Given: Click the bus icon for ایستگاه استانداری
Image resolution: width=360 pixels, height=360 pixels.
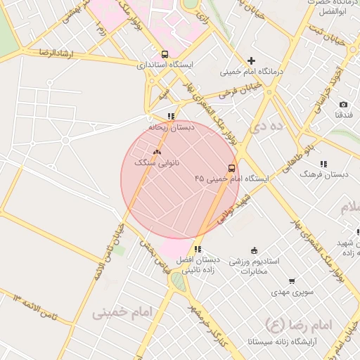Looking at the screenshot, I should click(165, 54).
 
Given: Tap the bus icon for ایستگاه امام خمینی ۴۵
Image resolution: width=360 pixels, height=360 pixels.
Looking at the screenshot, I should click(231, 168).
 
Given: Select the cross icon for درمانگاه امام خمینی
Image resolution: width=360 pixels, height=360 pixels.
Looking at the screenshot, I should click(251, 61).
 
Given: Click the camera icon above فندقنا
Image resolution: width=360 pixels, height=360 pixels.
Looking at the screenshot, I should click(343, 104).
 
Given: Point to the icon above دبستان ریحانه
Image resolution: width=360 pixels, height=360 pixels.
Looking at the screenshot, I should click(171, 117).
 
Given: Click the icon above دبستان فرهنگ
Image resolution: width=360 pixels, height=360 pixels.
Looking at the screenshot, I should click(323, 164).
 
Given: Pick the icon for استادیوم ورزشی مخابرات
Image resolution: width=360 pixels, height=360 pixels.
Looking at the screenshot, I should click(254, 250).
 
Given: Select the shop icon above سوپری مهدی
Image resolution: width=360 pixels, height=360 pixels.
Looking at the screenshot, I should click(291, 281).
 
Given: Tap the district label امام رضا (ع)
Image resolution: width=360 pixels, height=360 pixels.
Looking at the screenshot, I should click(288, 324).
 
